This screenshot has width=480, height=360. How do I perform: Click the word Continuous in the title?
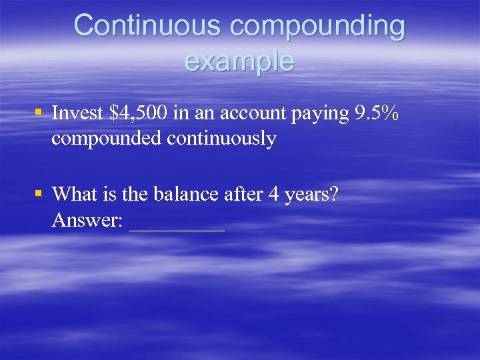pyautogui.click(x=145, y=26)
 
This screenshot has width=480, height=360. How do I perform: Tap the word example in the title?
pyautogui.click(x=239, y=62)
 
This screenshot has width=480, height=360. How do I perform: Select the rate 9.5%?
pyautogui.click(x=377, y=114)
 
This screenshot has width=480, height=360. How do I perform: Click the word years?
pyautogui.click(x=309, y=195)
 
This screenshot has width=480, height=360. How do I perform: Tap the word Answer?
pyautogui.click(x=87, y=220)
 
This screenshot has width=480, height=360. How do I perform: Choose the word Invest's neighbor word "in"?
pyautogui.click(x=180, y=114)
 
